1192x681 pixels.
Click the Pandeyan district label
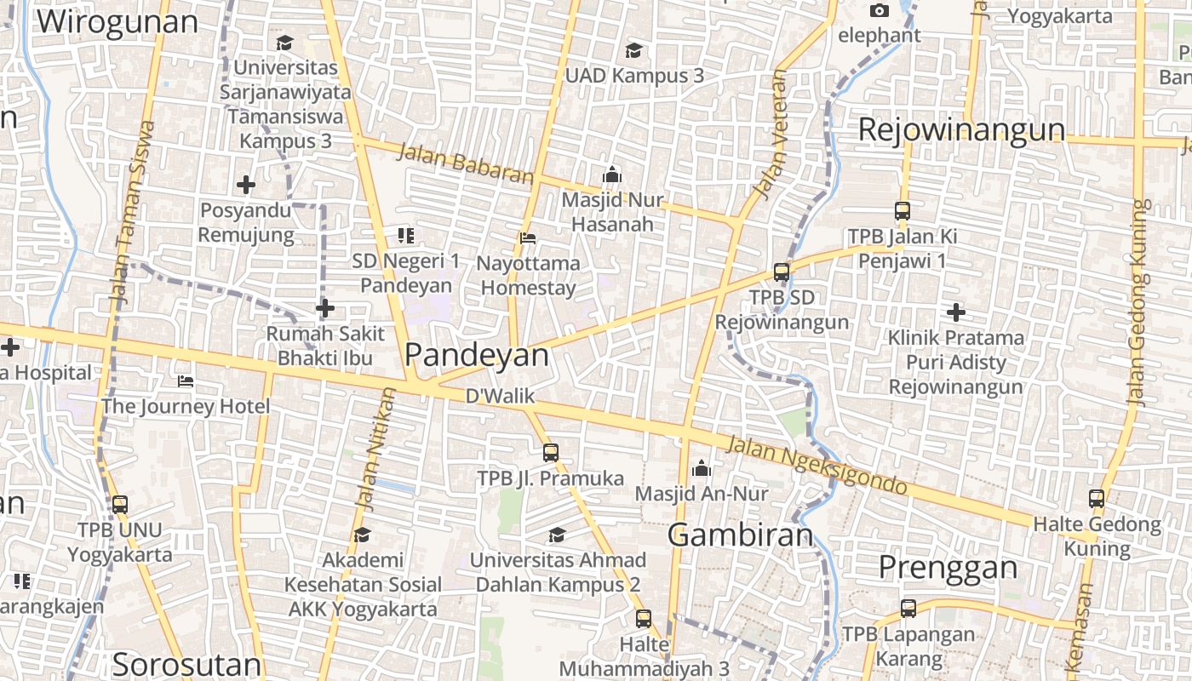tap(477, 355)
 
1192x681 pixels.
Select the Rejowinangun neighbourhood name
tap(961, 130)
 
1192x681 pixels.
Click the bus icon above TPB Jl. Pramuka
tap(551, 453)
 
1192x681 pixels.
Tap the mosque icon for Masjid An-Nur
tap(702, 468)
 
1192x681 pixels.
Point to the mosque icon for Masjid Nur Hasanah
tap(612, 175)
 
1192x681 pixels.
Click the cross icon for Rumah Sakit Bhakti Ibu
tap(324, 308)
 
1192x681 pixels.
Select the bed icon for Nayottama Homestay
tap(528, 238)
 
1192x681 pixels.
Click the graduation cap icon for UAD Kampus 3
tap(633, 50)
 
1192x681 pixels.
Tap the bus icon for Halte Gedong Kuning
tap(1097, 500)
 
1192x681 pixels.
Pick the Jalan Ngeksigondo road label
tap(816, 465)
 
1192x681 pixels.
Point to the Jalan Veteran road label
tap(771, 134)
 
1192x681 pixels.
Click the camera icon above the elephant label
tap(880, 11)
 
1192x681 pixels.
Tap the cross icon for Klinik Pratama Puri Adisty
tap(956, 312)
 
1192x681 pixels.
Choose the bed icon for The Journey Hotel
tap(186, 381)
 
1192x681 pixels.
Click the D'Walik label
tap(500, 396)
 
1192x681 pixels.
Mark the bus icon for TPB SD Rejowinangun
tap(782, 272)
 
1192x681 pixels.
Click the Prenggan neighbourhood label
tap(948, 567)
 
